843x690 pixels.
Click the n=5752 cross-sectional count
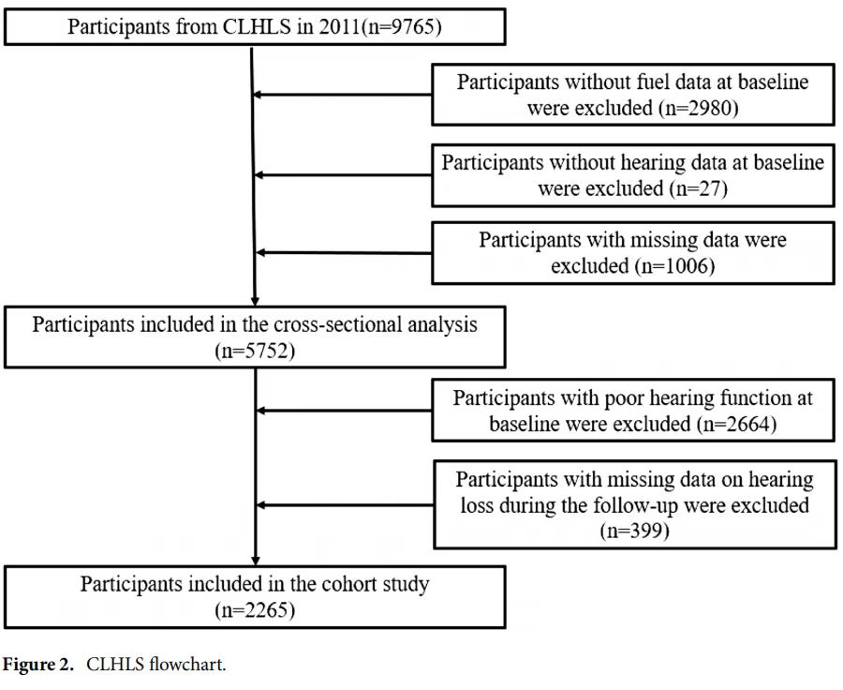(x=255, y=351)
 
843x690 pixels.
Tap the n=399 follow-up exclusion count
(x=634, y=531)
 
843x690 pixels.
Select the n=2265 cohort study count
(x=255, y=610)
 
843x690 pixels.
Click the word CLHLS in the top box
(x=257, y=26)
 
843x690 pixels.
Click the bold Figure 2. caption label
(x=37, y=665)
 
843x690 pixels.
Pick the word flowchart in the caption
(x=187, y=665)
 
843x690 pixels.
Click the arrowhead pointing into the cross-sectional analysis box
(x=255, y=301)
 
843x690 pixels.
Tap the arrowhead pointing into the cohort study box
(x=256, y=561)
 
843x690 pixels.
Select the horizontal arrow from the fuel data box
(x=342, y=95)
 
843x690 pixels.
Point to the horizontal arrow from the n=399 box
(x=345, y=505)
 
